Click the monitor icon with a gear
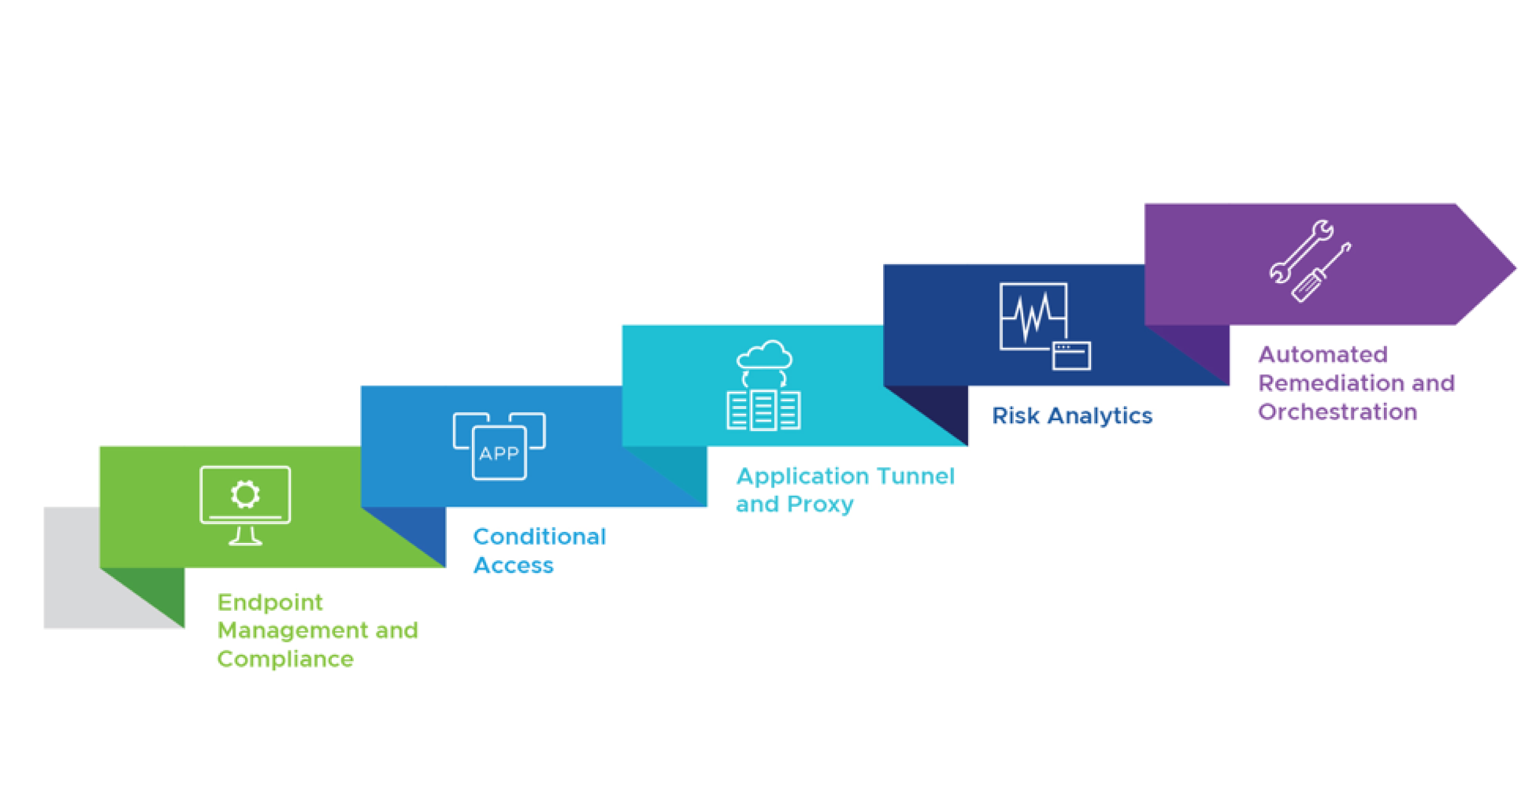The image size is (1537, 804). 245,505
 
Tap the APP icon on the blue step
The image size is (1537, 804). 499,446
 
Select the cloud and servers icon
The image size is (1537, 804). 764,385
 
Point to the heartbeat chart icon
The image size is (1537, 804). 1045,326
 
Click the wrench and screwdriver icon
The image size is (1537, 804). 1310,261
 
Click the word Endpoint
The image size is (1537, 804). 270,602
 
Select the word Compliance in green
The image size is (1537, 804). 286,659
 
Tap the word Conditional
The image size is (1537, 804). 540,536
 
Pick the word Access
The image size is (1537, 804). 514,565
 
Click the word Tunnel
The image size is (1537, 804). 916,476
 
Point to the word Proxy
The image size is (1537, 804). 820,504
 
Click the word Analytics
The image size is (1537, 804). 1100,416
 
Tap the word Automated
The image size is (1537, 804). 1323,354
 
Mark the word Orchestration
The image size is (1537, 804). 1338,412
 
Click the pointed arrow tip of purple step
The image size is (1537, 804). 1516,268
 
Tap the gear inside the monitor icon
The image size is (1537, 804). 245,494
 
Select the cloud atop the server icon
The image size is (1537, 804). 765,354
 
